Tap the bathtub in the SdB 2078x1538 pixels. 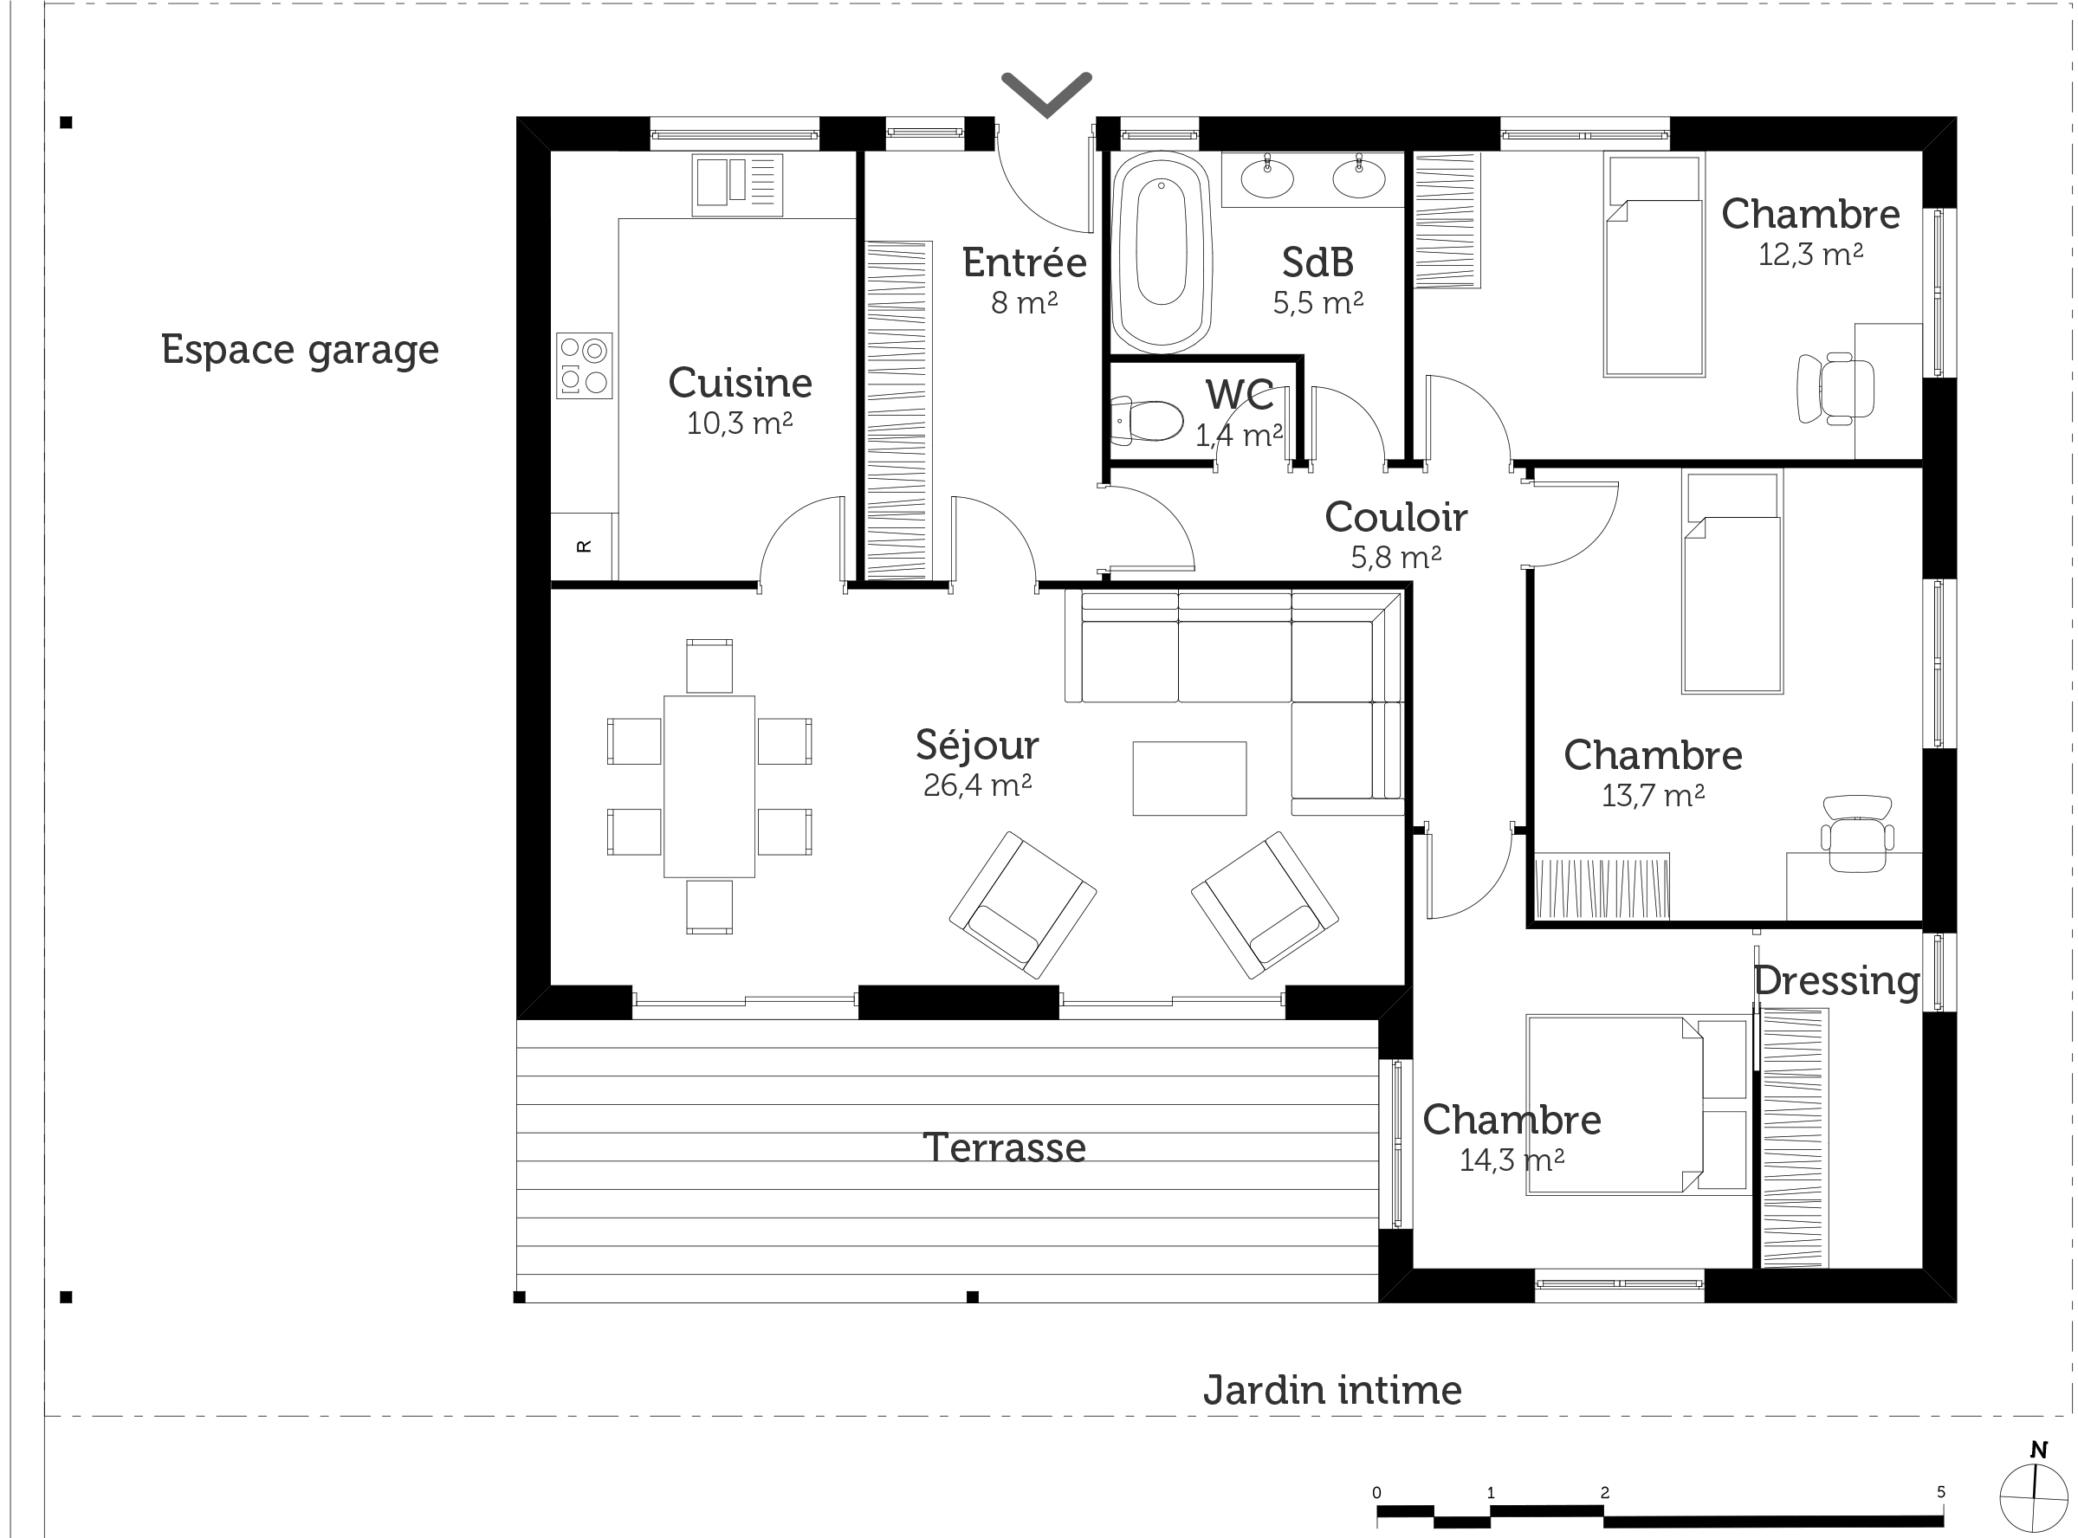(x=1161, y=252)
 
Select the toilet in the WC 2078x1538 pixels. (x=1146, y=421)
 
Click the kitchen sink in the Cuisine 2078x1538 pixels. (x=736, y=184)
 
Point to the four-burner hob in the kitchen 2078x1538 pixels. (x=585, y=365)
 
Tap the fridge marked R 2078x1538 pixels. (x=584, y=546)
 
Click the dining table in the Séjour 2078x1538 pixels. (x=709, y=786)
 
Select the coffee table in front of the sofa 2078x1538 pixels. (x=1189, y=779)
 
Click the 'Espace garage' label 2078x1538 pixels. (x=300, y=351)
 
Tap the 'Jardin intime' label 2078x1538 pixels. (x=1332, y=1390)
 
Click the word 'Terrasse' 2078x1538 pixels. (x=1004, y=1148)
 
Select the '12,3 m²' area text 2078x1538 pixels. (x=1809, y=254)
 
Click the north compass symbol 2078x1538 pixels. (x=2032, y=1497)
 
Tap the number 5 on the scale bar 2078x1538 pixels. (x=1941, y=1491)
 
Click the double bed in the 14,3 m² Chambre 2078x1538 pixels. (x=1637, y=1105)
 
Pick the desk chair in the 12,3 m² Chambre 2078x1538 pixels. (x=1836, y=388)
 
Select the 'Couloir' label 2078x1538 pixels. (x=1395, y=517)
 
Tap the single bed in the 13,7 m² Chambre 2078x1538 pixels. (x=1732, y=582)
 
